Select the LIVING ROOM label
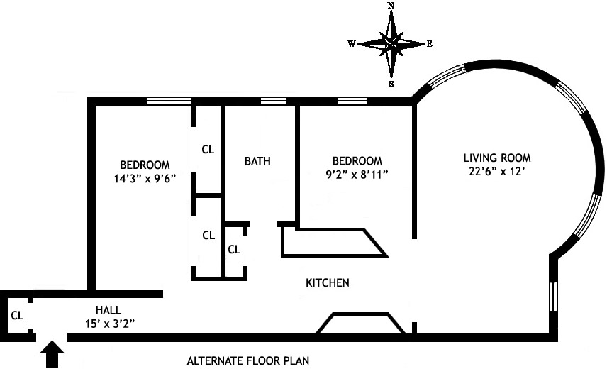click(x=497, y=158)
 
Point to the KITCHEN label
click(x=327, y=282)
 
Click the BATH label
click(x=257, y=161)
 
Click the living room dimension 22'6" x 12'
click(x=497, y=171)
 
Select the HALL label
click(x=108, y=310)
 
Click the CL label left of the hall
click(x=18, y=314)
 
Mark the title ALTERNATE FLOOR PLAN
click(x=248, y=360)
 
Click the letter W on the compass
click(x=351, y=43)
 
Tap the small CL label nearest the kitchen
click(x=234, y=249)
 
